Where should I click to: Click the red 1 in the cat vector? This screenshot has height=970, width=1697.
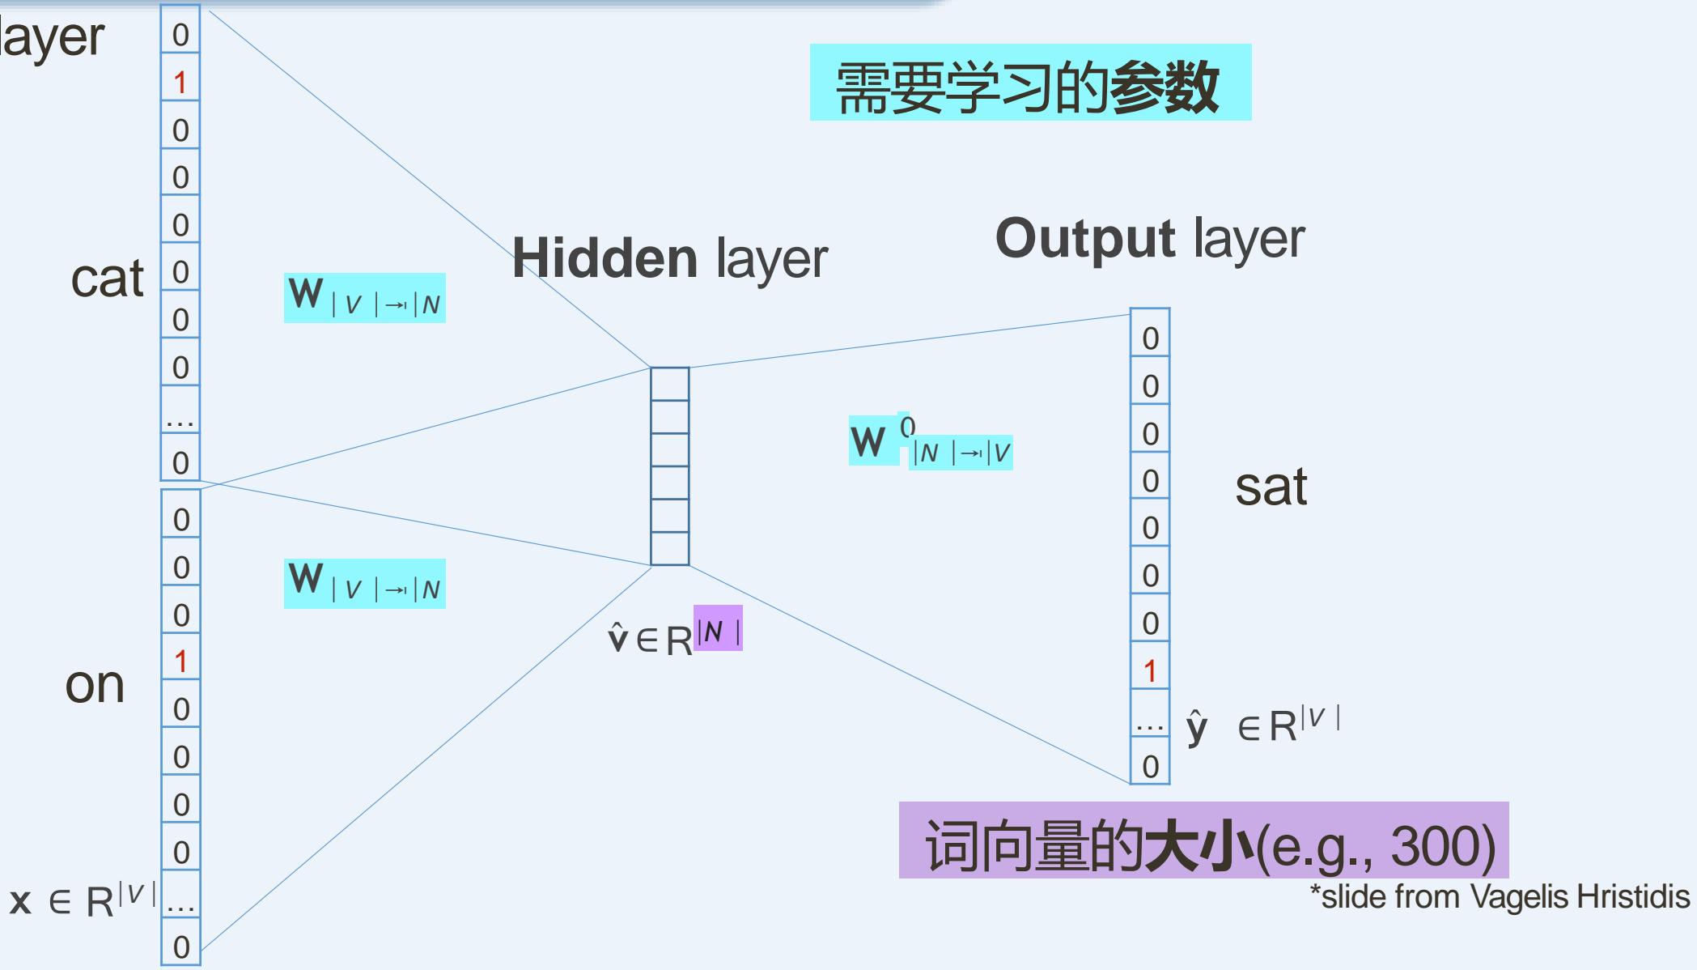click(x=180, y=83)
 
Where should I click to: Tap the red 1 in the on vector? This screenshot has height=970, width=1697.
click(x=180, y=662)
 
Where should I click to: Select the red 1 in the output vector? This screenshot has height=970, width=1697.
click(x=1150, y=671)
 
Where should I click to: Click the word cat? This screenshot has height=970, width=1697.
click(x=107, y=279)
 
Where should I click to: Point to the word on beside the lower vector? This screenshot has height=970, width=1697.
click(x=95, y=685)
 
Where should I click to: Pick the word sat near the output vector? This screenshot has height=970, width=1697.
click(x=1271, y=487)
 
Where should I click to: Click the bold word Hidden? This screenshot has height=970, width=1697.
click(x=605, y=258)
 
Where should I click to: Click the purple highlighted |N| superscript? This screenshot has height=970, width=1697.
click(x=718, y=630)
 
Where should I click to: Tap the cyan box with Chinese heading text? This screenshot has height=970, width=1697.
click(x=1029, y=83)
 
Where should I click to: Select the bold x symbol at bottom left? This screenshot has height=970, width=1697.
click(x=20, y=901)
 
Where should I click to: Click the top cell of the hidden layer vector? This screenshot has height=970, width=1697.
click(x=670, y=384)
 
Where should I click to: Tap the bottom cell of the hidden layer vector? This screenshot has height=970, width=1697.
click(x=670, y=549)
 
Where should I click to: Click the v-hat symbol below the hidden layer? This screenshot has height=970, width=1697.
click(x=617, y=639)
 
